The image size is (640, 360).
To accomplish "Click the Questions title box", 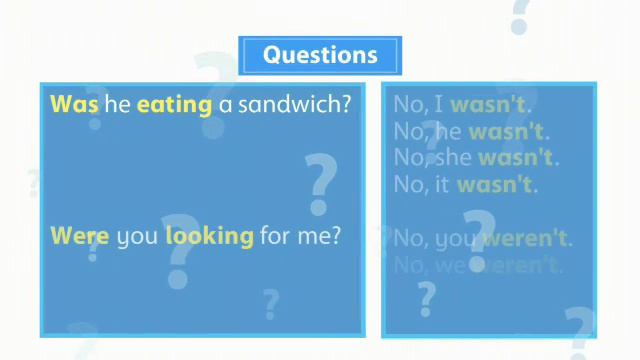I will coord(320,55).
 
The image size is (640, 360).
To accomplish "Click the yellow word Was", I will coord(74,103).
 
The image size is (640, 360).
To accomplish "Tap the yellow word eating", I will coord(174,104).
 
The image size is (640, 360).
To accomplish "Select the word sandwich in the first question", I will coord(294,103).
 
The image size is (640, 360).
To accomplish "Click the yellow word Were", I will coord(80,236).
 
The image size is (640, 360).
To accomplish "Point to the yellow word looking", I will coord(209,237).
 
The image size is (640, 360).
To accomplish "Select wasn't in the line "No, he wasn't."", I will coord(508,131).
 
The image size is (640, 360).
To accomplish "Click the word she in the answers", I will coord(452,158).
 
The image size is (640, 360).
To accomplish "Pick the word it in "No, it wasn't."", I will coord(441,185).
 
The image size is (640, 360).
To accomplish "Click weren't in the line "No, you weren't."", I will coord(526,239).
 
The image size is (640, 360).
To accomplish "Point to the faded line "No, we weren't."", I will coord(476,265).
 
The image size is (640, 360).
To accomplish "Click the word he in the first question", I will coord(118,103).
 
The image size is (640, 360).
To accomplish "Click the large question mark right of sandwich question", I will coord(320,183).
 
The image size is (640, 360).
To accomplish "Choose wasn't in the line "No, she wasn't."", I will coord(517,158).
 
